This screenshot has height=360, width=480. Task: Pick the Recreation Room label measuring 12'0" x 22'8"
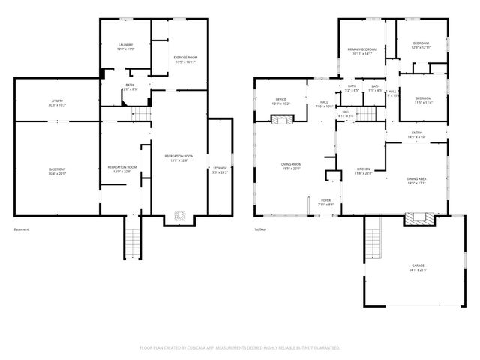pyautogui.click(x=121, y=168)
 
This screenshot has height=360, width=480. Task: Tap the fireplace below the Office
pyautogui.click(x=280, y=118)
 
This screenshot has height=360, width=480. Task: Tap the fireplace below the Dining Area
pyautogui.click(x=417, y=218)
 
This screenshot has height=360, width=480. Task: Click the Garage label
pyautogui.click(x=418, y=267)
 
